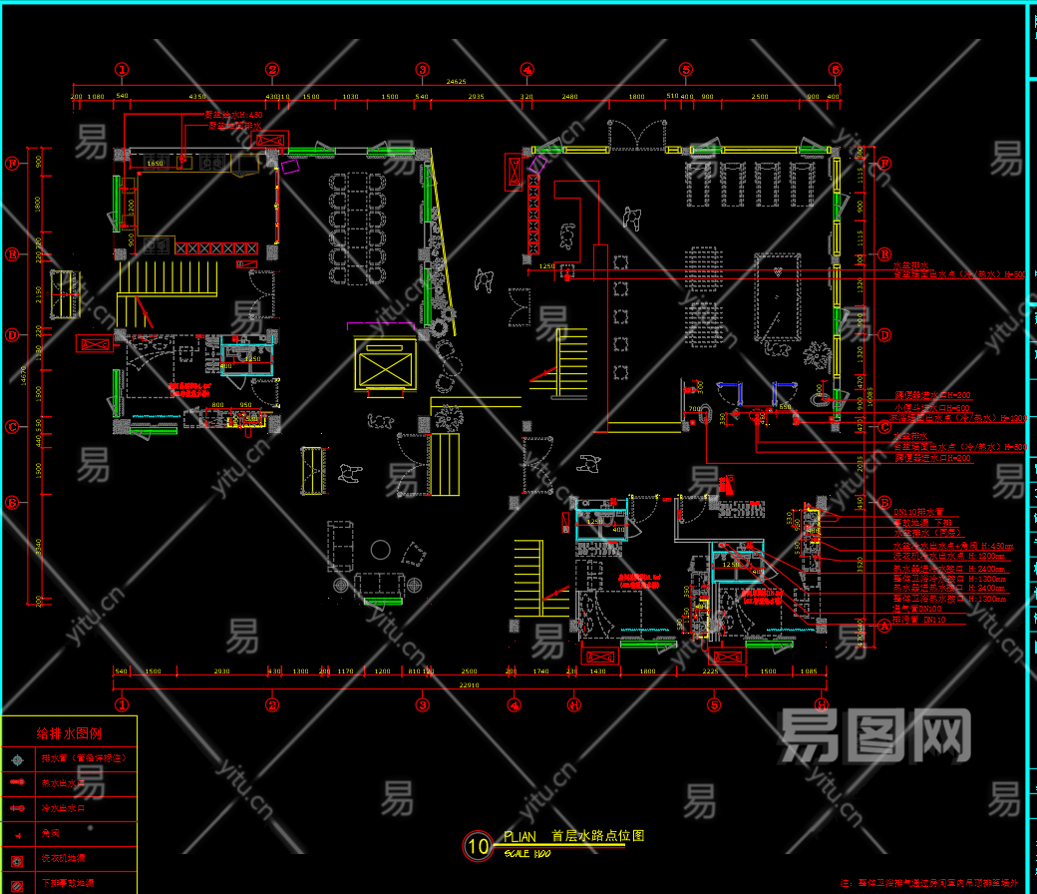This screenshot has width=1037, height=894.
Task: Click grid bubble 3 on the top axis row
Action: click(x=423, y=70)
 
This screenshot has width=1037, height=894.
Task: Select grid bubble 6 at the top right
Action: click(x=836, y=70)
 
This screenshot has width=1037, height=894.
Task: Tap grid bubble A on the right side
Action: click(x=882, y=627)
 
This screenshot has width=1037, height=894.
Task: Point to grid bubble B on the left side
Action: click(x=13, y=503)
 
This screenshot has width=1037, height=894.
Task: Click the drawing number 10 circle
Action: click(x=478, y=846)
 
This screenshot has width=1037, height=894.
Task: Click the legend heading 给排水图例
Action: click(x=69, y=734)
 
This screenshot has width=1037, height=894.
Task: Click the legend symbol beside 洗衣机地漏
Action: click(x=16, y=858)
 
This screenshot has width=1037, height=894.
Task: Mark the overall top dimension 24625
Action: click(x=457, y=81)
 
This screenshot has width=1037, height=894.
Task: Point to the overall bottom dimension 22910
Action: click(x=469, y=685)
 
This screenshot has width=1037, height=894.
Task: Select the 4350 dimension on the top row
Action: click(x=197, y=97)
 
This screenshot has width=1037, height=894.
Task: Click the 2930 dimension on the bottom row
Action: click(x=221, y=672)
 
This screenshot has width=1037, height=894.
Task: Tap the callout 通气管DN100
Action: click(x=917, y=608)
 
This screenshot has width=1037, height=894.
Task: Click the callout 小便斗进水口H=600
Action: click(x=931, y=407)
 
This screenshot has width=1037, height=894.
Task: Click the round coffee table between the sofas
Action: click(x=380, y=549)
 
